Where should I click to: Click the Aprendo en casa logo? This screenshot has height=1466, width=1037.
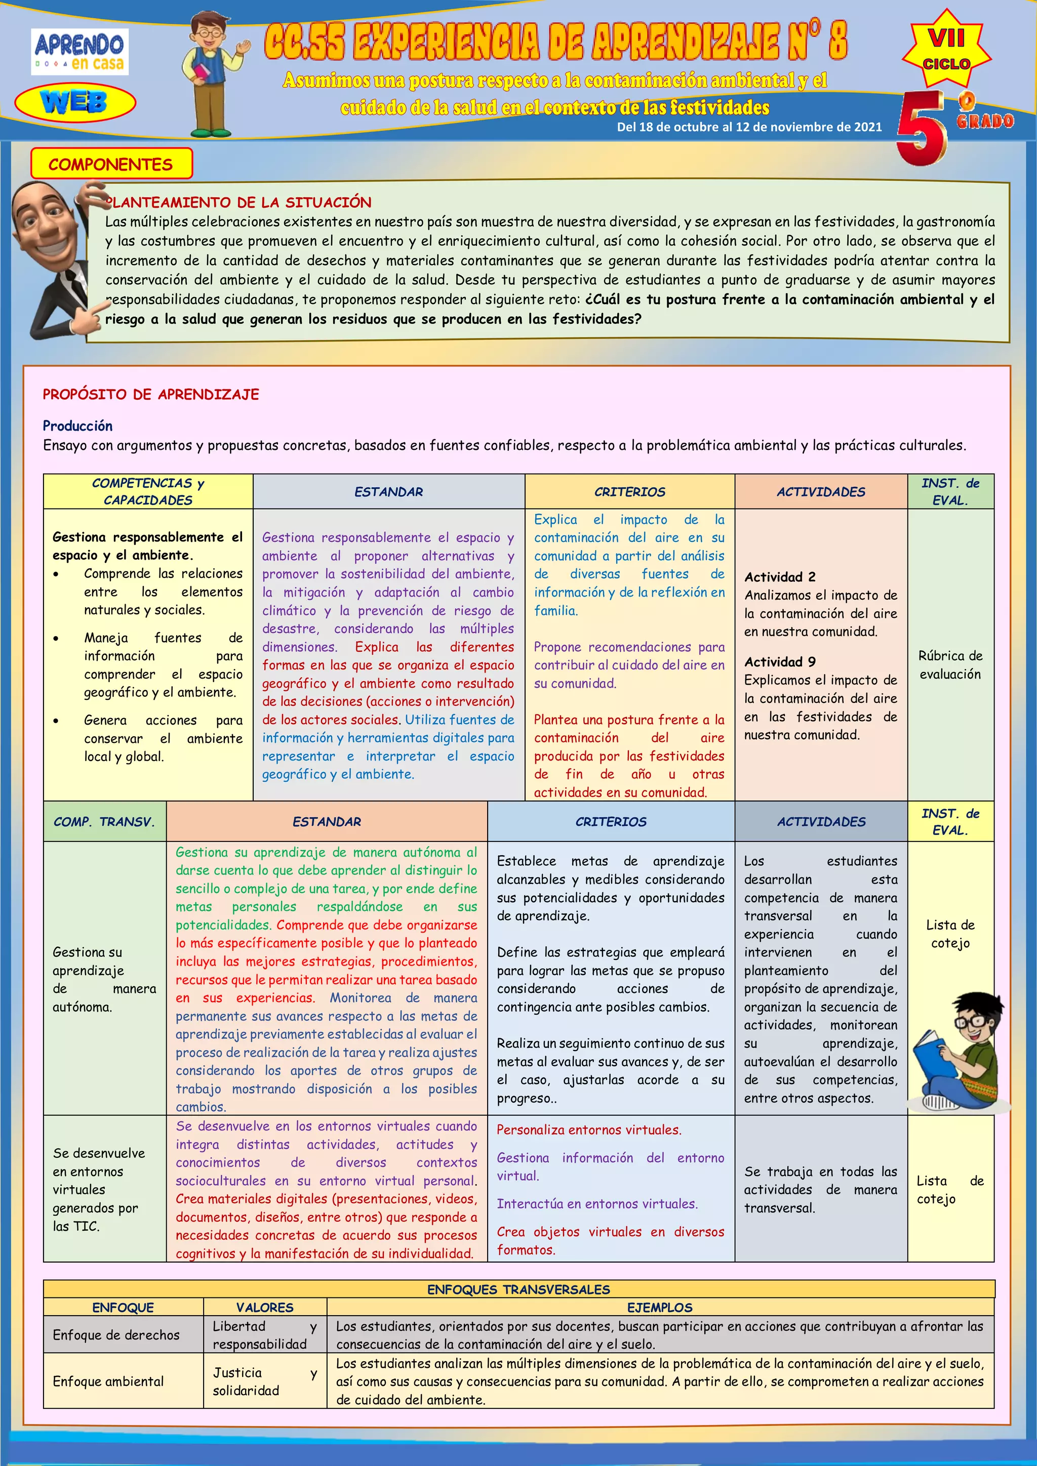[x=80, y=52]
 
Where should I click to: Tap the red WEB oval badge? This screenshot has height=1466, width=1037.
[x=75, y=102]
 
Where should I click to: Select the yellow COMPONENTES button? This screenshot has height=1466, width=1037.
[x=111, y=164]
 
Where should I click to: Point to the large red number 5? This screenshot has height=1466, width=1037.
[x=922, y=128]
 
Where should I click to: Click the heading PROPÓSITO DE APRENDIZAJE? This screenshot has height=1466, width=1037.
[x=151, y=394]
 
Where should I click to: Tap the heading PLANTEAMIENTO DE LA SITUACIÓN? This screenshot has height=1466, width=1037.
[x=238, y=202]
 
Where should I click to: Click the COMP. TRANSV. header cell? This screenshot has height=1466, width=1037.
[x=105, y=821]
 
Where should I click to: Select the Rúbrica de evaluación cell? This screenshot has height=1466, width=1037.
[x=950, y=664]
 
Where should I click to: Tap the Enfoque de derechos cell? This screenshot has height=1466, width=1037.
[x=116, y=1334]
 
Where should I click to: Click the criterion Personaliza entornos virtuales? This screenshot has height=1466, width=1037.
[x=589, y=1129]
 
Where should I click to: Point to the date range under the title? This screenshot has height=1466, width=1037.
[x=749, y=127]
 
